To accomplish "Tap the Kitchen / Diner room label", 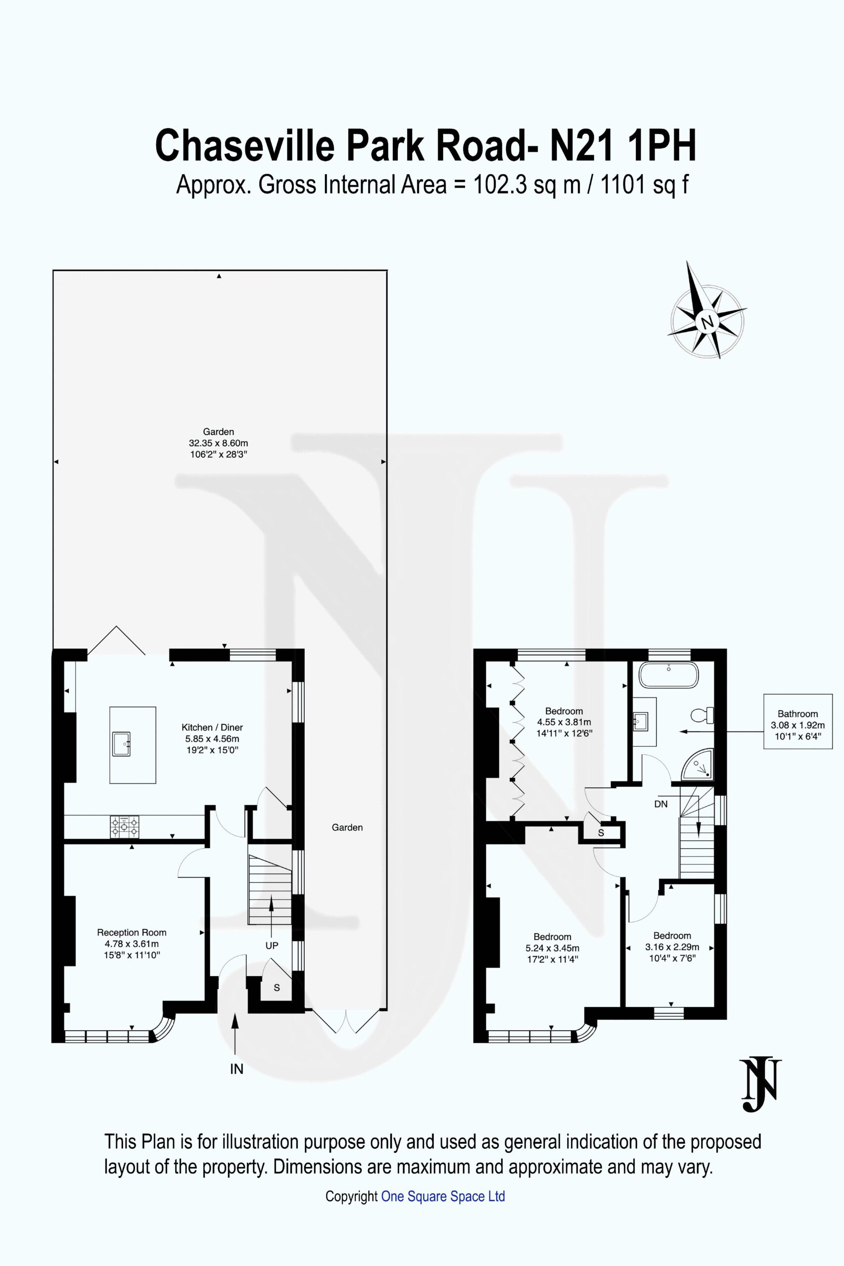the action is click(x=212, y=727).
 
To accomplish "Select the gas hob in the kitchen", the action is click(x=124, y=827).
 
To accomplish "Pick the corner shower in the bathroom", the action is click(x=699, y=766).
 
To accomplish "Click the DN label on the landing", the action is click(x=661, y=804).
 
